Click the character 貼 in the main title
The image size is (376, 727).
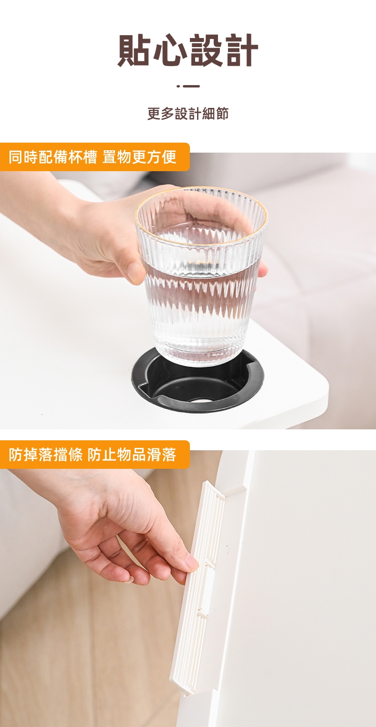[x=135, y=50]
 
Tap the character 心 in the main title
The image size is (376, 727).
[x=170, y=50]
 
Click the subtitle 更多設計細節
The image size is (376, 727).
[x=188, y=114]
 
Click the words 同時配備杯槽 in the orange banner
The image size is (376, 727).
[x=52, y=157]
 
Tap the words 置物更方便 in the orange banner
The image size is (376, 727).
[x=139, y=157]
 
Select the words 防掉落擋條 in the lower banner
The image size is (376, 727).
[x=45, y=455]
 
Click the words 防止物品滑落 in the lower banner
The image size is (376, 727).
[x=132, y=455]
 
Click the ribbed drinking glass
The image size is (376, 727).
[x=201, y=276]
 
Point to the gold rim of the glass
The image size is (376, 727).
[x=201, y=191]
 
